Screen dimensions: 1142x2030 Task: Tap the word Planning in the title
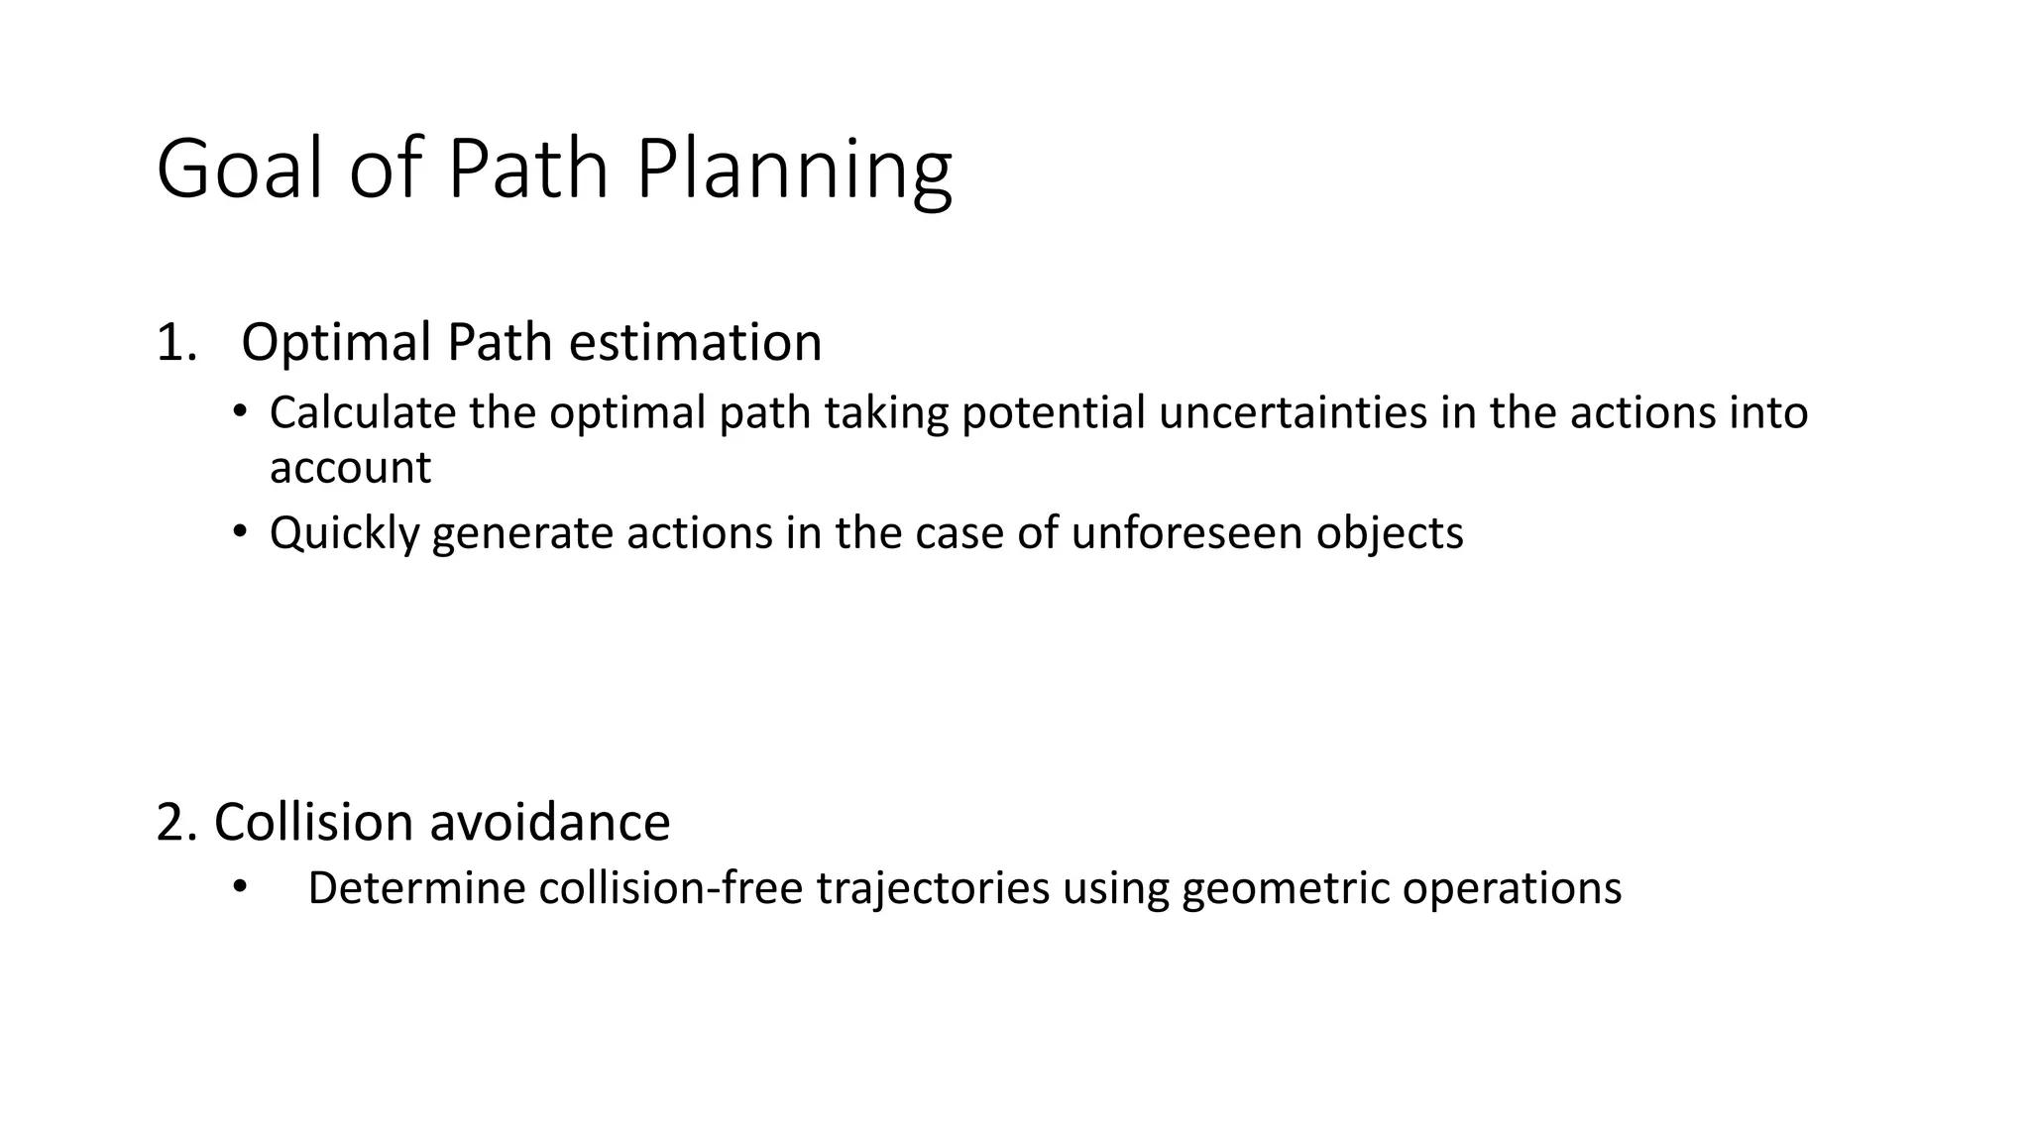tap(793, 171)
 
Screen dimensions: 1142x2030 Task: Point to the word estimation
tap(694, 343)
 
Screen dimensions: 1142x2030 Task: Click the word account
tap(350, 468)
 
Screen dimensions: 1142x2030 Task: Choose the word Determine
tap(416, 888)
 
